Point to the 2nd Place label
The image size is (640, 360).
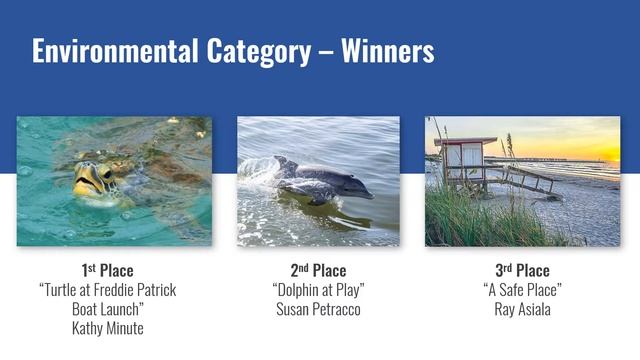[318, 271]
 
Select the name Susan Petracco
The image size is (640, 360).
[318, 309]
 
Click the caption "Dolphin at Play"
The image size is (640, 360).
[318, 290]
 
